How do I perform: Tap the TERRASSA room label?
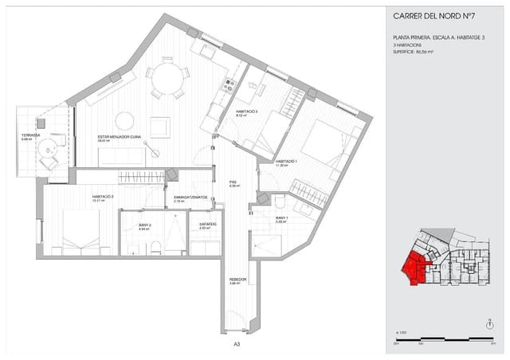point(32,136)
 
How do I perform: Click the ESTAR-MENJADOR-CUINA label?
point(120,137)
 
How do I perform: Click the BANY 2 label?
point(145,226)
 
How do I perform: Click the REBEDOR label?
point(237,280)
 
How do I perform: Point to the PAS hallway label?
point(233,182)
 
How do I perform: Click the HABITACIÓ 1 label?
point(286,162)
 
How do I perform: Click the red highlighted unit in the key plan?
point(416,268)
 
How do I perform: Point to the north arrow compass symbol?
point(488,323)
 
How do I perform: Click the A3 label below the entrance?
point(237,345)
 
